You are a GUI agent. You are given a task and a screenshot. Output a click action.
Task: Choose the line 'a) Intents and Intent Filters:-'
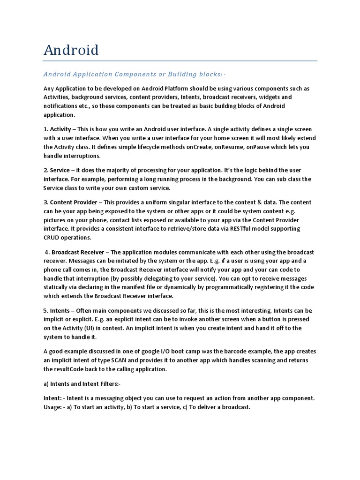click(82, 384)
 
